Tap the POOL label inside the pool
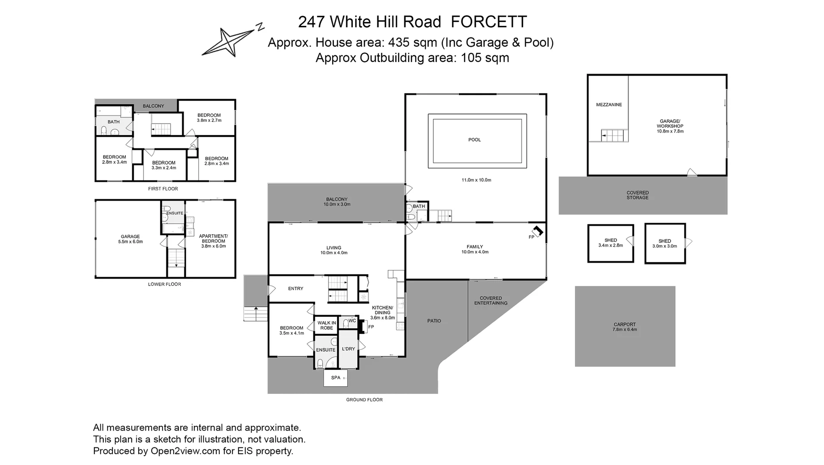pyautogui.click(x=474, y=139)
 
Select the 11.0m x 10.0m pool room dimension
pyautogui.click(x=476, y=180)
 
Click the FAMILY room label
pyautogui.click(x=475, y=247)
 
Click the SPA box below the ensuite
pyautogui.click(x=336, y=378)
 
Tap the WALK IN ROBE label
pyautogui.click(x=326, y=325)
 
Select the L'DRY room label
pyautogui.click(x=348, y=349)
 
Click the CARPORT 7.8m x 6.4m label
pyautogui.click(x=625, y=327)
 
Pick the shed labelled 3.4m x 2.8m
pyautogui.click(x=610, y=243)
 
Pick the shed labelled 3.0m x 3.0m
pyautogui.click(x=665, y=244)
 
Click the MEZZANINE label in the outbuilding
pyautogui.click(x=609, y=105)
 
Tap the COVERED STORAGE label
pyautogui.click(x=637, y=195)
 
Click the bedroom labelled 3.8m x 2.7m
pyautogui.click(x=209, y=118)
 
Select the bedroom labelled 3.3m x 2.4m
pyautogui.click(x=164, y=165)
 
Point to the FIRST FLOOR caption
pyautogui.click(x=163, y=189)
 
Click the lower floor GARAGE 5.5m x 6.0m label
pyautogui.click(x=130, y=239)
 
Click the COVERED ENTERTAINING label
pyautogui.click(x=491, y=301)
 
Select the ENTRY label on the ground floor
pyautogui.click(x=295, y=288)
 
